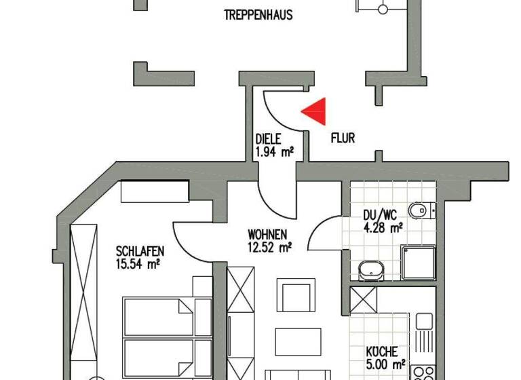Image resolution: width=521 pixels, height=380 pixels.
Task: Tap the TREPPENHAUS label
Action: (x=258, y=14)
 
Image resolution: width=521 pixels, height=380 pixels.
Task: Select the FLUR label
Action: (x=343, y=138)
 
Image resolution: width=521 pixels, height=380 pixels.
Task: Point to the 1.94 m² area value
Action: (x=274, y=153)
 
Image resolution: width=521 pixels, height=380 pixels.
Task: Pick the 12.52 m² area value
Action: (x=269, y=248)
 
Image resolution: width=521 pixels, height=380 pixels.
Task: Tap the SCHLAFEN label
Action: (x=140, y=250)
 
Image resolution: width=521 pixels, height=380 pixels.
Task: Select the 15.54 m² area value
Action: (x=138, y=261)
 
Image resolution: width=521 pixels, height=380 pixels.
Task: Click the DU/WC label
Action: (x=383, y=216)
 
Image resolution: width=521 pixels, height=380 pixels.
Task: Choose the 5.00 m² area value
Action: (x=385, y=364)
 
